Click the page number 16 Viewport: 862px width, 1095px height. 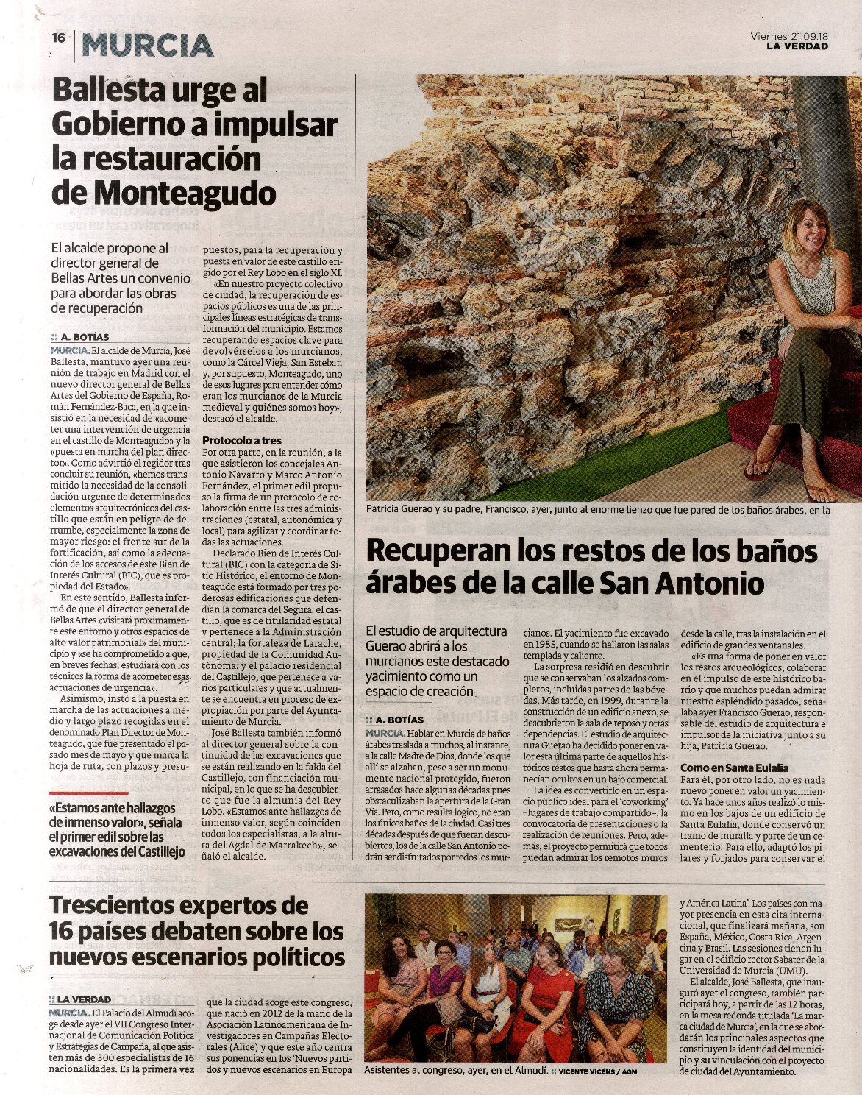pyautogui.click(x=59, y=38)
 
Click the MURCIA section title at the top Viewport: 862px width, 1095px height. pyautogui.click(x=148, y=46)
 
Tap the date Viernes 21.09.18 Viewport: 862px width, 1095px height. pyautogui.click(x=789, y=35)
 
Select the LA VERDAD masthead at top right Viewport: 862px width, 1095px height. pyautogui.click(x=797, y=46)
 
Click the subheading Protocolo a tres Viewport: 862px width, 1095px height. pyautogui.click(x=242, y=440)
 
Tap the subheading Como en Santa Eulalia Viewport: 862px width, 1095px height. pyautogui.click(x=734, y=768)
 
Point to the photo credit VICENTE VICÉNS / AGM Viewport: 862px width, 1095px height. pyautogui.click(x=597, y=1071)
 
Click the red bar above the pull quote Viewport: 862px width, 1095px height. pyautogui.click(x=88, y=793)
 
